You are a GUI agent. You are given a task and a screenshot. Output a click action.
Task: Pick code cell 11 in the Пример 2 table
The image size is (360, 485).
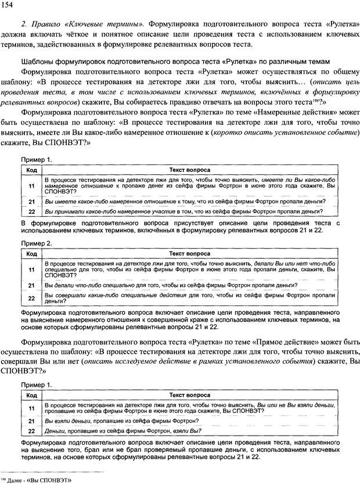(x=32, y=270)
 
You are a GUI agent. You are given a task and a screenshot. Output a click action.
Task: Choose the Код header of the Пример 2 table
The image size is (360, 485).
(x=32, y=254)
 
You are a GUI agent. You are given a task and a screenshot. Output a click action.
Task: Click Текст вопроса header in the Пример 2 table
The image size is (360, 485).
(x=189, y=254)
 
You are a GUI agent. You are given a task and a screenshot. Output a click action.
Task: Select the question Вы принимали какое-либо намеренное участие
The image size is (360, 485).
(x=189, y=211)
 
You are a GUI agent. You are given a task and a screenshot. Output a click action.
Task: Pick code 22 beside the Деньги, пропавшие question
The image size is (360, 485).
(x=32, y=430)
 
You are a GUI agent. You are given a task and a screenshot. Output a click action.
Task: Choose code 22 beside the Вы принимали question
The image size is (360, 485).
(x=32, y=211)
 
